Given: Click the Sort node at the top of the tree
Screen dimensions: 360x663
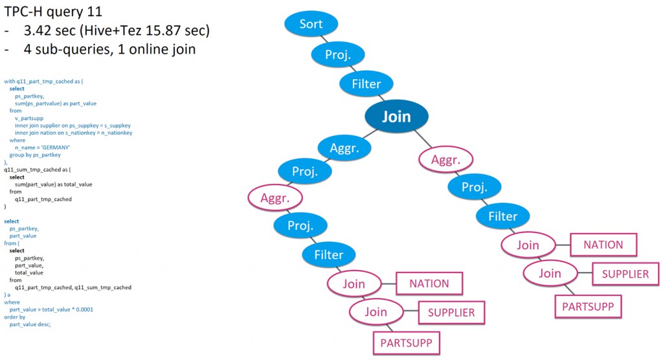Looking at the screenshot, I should [x=311, y=25].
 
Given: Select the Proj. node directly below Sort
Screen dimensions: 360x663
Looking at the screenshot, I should [x=338, y=54].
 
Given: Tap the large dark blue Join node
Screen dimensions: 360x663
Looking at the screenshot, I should [x=396, y=117].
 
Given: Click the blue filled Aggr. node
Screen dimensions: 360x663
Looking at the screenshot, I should [x=344, y=148].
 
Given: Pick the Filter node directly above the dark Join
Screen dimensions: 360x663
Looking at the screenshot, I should [x=366, y=84].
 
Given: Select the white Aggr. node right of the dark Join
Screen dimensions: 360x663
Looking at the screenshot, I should [x=446, y=159].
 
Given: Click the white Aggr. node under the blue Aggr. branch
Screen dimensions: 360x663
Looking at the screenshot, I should [x=275, y=198].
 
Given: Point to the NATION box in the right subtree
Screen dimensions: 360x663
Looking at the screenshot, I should [x=603, y=245].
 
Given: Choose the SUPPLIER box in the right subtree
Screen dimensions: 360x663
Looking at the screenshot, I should [x=625, y=274].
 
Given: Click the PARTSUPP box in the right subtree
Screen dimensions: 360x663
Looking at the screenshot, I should [x=587, y=306].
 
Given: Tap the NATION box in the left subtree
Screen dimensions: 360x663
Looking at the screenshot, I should [x=429, y=284].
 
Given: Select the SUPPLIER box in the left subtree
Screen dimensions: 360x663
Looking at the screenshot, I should [x=451, y=313].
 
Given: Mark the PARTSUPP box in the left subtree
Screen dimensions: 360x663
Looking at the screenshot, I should [x=406, y=343].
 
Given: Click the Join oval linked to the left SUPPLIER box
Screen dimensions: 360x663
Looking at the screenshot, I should [x=376, y=312].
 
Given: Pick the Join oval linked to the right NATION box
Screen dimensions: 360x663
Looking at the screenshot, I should [x=528, y=245].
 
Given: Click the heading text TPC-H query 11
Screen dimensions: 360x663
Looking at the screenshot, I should [x=53, y=11].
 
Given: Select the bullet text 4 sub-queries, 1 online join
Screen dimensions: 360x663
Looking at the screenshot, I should [x=107, y=50].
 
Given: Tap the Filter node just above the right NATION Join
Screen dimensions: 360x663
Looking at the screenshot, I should [x=502, y=216].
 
